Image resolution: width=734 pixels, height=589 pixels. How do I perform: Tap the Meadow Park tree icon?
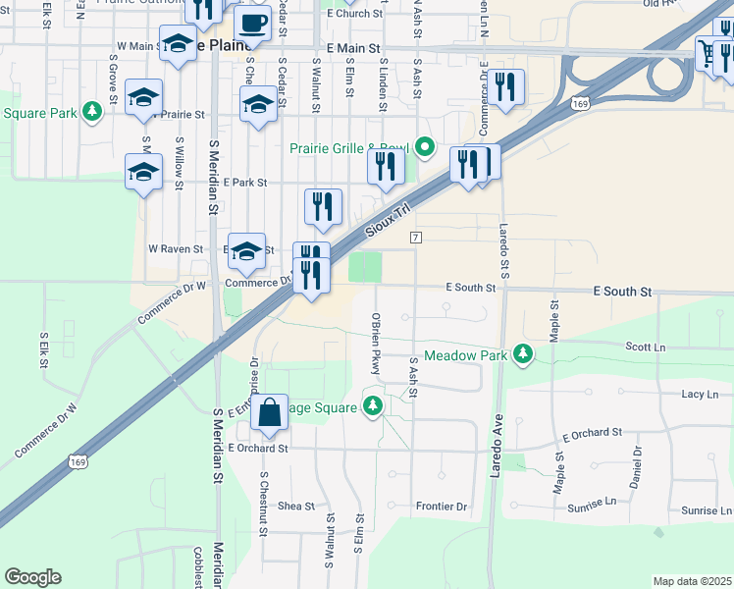point(523,353)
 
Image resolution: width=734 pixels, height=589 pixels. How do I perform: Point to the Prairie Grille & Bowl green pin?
point(424,148)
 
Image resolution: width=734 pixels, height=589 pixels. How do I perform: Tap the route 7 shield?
point(417,239)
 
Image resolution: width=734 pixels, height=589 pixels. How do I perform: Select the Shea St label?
point(295,507)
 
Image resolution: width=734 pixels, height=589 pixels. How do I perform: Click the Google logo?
point(32,577)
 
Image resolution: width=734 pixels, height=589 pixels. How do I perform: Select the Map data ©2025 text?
point(692,581)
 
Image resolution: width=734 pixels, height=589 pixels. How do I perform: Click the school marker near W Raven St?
point(246,251)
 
